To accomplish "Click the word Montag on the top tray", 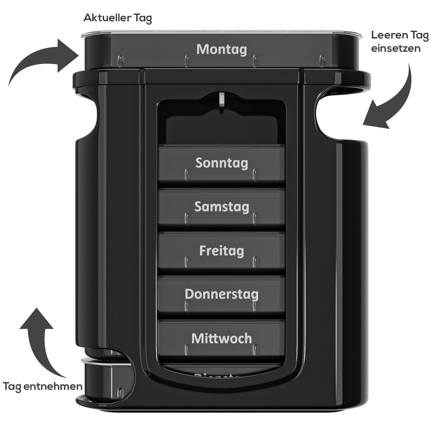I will pyautogui.click(x=221, y=50).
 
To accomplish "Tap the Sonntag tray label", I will pyautogui.click(x=221, y=163).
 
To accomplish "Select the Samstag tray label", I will pyautogui.click(x=221, y=207).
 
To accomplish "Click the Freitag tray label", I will pyautogui.click(x=221, y=251).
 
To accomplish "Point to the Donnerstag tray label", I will pyautogui.click(x=221, y=294).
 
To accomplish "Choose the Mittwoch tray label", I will pyautogui.click(x=221, y=338).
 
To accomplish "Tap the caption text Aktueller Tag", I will pyautogui.click(x=118, y=18).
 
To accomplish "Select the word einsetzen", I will pyautogui.click(x=396, y=49).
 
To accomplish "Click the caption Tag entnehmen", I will pyautogui.click(x=43, y=386).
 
